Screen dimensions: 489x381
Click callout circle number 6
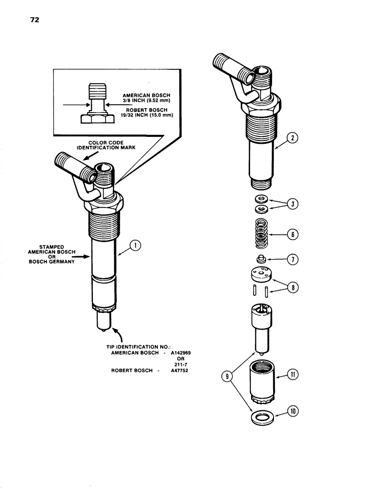[x=294, y=235]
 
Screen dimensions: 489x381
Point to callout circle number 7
[x=294, y=259]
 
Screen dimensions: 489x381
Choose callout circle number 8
[x=294, y=287]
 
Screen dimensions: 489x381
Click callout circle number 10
[x=294, y=412]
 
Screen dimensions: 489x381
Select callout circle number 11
[x=294, y=375]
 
